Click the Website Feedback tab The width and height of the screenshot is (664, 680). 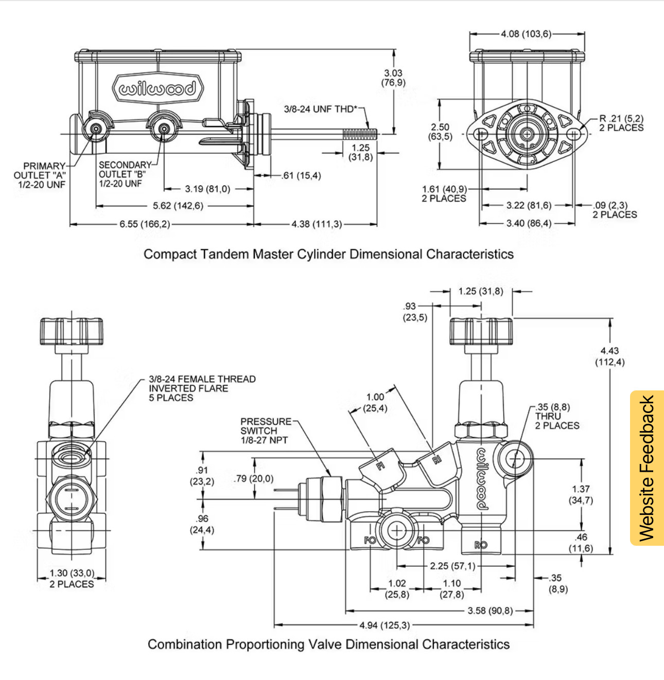point(646,468)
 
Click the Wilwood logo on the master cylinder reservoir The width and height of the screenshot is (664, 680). point(158,89)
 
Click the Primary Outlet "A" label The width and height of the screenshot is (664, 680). point(40,175)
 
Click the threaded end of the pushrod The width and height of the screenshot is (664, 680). point(360,134)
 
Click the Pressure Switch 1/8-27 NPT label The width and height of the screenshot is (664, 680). point(266,431)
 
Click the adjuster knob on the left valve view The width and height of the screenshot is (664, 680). point(72,331)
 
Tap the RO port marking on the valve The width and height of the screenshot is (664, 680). point(481,545)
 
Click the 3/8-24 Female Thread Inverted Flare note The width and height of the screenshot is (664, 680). point(202,388)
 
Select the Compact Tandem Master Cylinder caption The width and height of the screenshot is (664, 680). point(328,254)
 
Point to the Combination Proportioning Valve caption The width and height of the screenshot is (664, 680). point(328,644)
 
